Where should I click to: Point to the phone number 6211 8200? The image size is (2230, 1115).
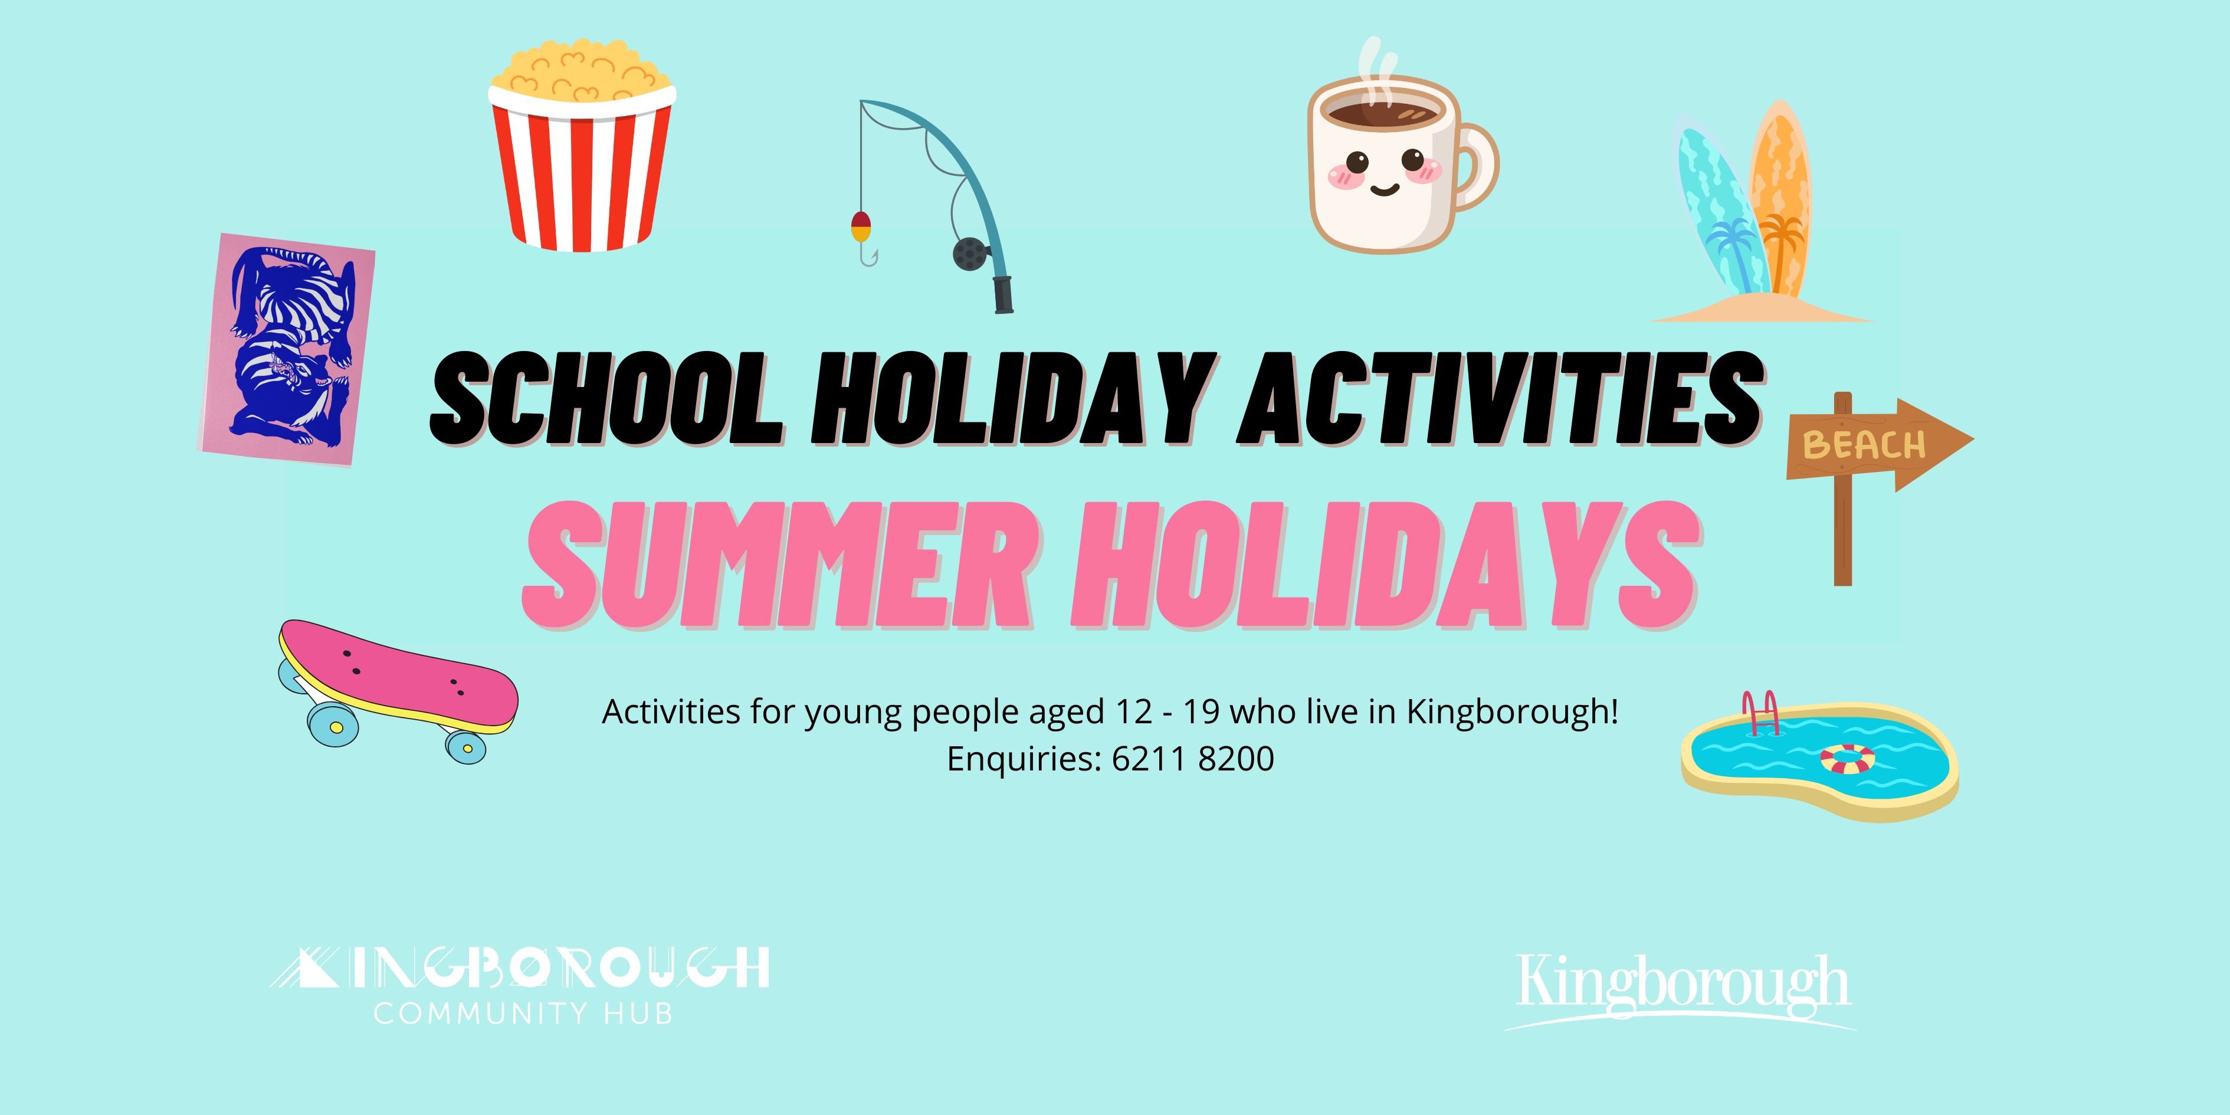point(1193,759)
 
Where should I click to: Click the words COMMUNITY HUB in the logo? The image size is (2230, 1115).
point(523,1013)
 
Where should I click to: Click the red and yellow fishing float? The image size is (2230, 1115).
point(861,226)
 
